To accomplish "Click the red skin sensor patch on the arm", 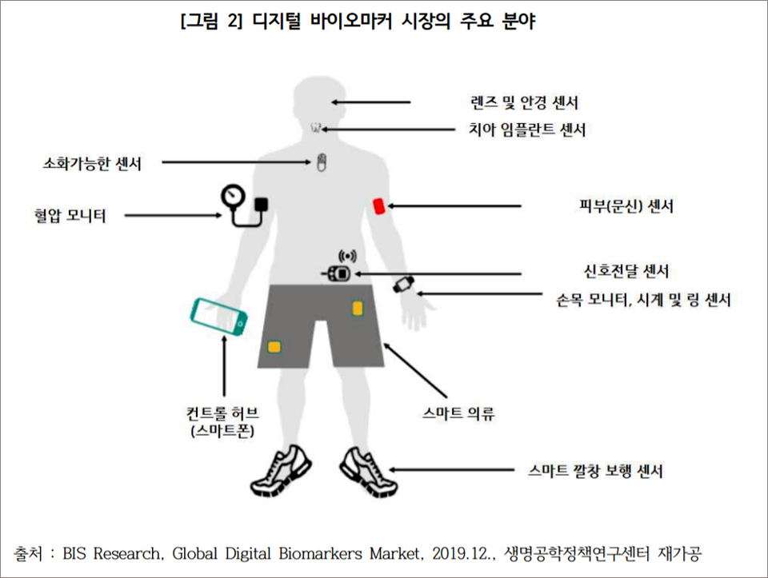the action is (x=379, y=206).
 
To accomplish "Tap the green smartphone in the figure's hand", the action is (x=218, y=317).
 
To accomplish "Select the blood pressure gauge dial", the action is (x=232, y=196).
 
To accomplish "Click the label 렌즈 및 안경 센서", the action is (x=524, y=102).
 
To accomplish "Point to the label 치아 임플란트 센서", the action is (x=527, y=130).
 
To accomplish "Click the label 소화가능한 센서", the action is (x=92, y=163).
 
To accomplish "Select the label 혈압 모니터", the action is (x=70, y=215).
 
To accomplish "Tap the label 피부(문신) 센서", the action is (x=626, y=205).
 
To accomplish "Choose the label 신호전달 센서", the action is (x=626, y=271).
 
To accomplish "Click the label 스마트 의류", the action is (x=458, y=413).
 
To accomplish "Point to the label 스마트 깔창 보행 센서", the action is (x=595, y=471).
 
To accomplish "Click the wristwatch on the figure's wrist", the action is (x=403, y=285).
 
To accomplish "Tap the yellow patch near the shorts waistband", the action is (x=358, y=309).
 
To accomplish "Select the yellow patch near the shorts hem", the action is (x=274, y=346).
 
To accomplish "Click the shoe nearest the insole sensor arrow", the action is (x=368, y=471).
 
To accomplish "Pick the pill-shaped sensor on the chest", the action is (x=321, y=162).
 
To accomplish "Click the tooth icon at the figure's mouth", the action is (x=316, y=128).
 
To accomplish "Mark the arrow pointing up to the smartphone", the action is (x=224, y=365).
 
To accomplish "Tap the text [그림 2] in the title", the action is (x=211, y=21).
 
